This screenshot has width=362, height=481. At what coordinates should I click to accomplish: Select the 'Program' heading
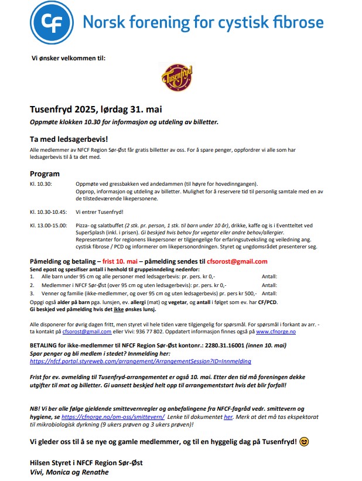tap(45, 173)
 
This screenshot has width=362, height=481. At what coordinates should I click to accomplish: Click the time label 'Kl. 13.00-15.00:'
tap(49, 225)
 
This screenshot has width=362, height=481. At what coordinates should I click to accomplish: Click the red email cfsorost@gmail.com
tap(237, 261)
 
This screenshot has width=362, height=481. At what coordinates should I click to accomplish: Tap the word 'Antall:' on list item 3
tap(269, 293)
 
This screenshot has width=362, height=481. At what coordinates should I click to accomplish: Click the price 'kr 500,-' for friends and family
tap(244, 293)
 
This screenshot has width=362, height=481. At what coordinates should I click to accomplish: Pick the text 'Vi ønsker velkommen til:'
tap(68, 58)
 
